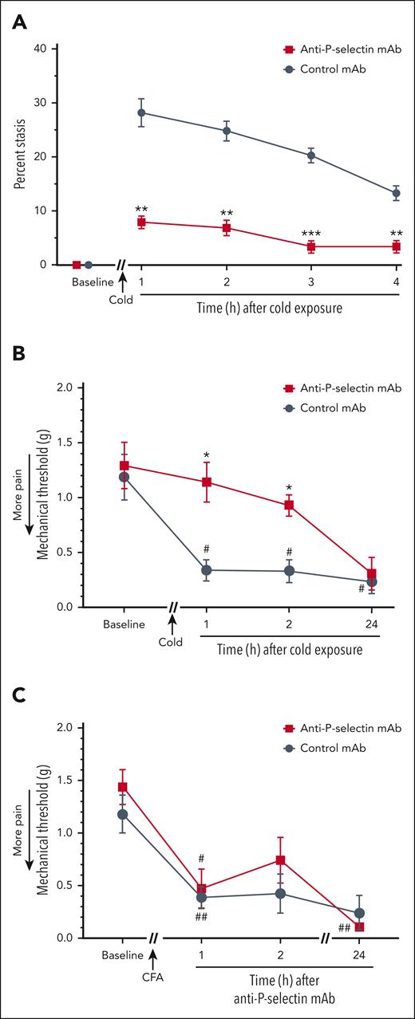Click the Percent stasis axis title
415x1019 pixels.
tap(18, 156)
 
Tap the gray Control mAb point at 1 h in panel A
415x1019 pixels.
tap(141, 112)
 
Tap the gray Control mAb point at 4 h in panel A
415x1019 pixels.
tap(396, 193)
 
